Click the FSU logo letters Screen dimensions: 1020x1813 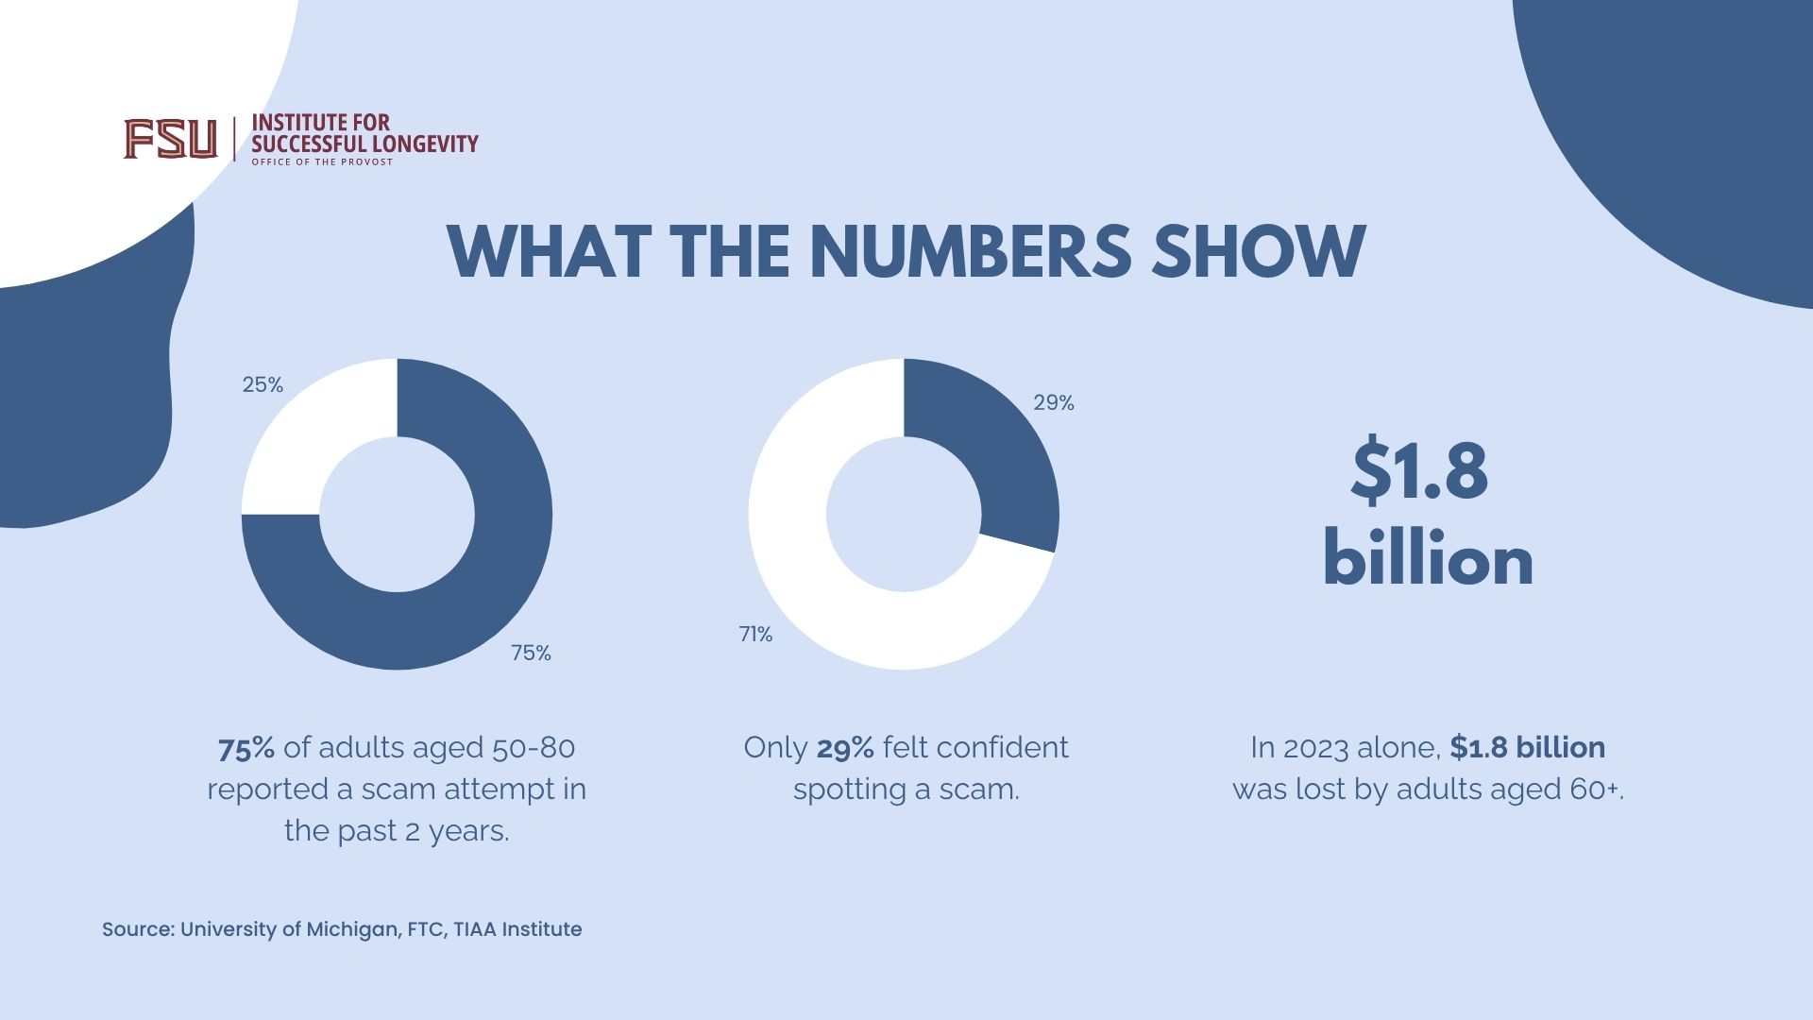(170, 139)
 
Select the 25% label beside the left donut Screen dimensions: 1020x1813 (263, 384)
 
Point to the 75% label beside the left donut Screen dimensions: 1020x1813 (531, 653)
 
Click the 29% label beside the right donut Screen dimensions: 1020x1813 (1053, 402)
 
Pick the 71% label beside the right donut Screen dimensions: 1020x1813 (755, 635)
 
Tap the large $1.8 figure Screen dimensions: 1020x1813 (1419, 470)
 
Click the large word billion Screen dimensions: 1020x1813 (1428, 560)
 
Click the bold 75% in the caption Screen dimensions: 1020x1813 (246, 748)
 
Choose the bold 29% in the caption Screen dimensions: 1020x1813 (845, 748)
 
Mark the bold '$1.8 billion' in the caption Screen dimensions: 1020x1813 (1527, 748)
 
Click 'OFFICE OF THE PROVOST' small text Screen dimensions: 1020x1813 (321, 162)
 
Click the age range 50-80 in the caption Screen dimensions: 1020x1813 (534, 748)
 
